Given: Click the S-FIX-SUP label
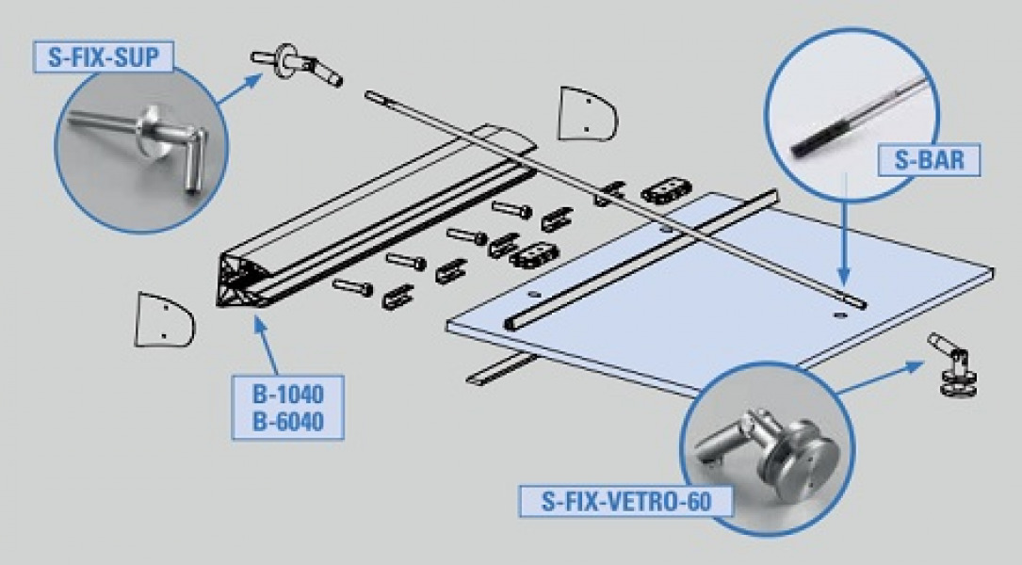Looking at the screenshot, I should click(x=105, y=56).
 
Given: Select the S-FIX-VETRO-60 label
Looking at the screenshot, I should click(x=625, y=501).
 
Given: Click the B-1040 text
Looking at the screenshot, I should click(x=287, y=394).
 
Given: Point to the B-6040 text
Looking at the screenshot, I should click(x=287, y=422).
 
